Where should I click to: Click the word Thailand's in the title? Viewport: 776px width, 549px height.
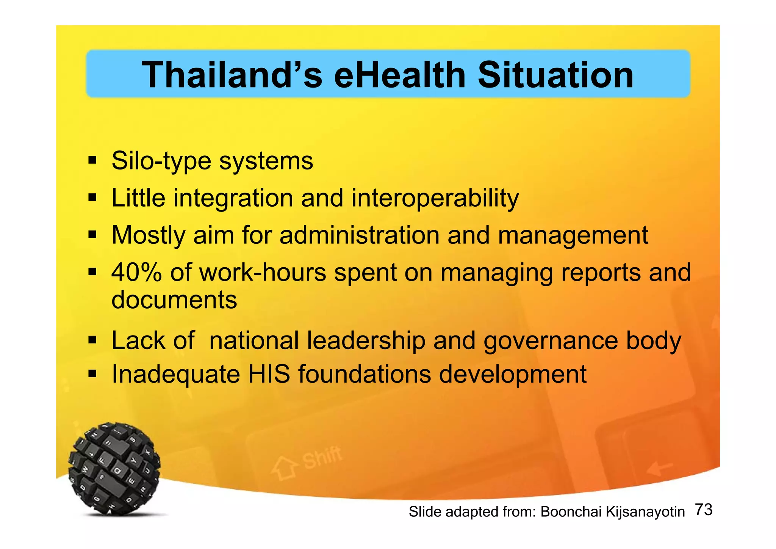click(x=232, y=75)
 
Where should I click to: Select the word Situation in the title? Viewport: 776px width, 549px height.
click(x=555, y=75)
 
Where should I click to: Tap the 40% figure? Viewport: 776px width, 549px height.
click(x=136, y=272)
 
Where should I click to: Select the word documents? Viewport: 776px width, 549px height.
click(x=174, y=300)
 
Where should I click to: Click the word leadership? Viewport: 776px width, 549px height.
click(x=366, y=340)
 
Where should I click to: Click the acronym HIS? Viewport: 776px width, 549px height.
click(x=269, y=374)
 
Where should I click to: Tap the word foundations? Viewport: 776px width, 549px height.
click(x=365, y=374)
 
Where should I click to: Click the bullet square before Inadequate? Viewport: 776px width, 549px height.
click(x=92, y=375)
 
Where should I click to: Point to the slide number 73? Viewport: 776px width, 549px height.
click(x=704, y=510)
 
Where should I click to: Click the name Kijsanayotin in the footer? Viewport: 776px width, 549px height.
click(x=645, y=512)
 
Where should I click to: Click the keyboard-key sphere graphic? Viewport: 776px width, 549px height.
click(x=114, y=468)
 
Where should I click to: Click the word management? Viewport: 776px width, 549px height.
click(x=573, y=236)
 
